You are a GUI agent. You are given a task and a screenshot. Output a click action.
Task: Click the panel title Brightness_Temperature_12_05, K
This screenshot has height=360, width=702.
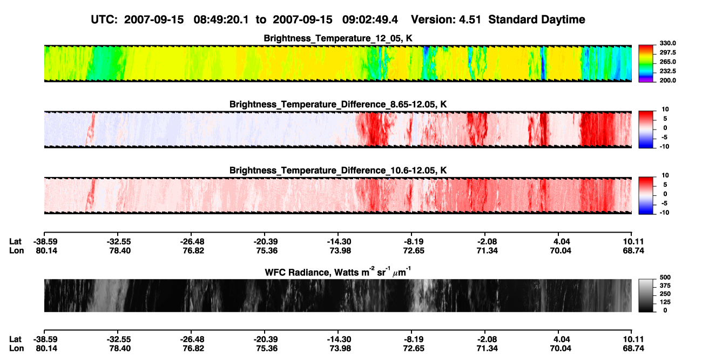[338, 38]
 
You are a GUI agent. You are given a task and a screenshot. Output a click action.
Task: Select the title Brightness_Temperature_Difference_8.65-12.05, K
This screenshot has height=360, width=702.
[338, 104]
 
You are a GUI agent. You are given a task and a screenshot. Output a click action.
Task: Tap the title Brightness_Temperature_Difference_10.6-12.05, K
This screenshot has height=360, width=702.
[338, 171]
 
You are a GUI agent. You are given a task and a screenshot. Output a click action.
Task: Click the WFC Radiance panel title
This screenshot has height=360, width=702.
[338, 272]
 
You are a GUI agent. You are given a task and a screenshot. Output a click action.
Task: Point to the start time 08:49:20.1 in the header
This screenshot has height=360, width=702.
[221, 20]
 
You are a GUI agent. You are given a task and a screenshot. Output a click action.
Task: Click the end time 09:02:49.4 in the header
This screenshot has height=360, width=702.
[370, 20]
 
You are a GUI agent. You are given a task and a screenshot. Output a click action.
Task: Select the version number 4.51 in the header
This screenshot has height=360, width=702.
[470, 20]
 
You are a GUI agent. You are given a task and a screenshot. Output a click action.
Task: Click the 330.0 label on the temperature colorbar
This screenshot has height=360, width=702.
[667, 43]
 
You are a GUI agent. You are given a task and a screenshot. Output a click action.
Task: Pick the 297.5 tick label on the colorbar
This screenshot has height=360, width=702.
[667, 53]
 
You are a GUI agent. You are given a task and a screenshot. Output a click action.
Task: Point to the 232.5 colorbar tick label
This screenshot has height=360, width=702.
[667, 71]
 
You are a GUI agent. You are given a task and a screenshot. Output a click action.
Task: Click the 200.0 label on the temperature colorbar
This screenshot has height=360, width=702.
[667, 80]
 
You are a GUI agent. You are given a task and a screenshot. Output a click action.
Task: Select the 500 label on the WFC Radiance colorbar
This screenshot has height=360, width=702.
[665, 277]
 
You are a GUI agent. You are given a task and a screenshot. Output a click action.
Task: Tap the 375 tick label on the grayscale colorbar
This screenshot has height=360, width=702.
[665, 286]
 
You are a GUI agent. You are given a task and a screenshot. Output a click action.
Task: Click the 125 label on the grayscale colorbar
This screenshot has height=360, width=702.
[665, 302]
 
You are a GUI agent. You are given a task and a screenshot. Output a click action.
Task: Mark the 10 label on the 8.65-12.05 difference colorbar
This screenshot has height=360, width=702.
[665, 110]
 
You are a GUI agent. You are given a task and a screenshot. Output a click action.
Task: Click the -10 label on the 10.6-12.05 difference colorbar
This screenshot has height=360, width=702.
[664, 213]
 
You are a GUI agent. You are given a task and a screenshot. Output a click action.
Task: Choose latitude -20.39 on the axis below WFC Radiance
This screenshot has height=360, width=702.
[265, 339]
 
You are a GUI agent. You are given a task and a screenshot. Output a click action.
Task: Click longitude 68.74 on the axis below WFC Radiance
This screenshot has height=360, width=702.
[633, 349]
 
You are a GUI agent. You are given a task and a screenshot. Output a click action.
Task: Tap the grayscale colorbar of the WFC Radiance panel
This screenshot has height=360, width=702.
[646, 295]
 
